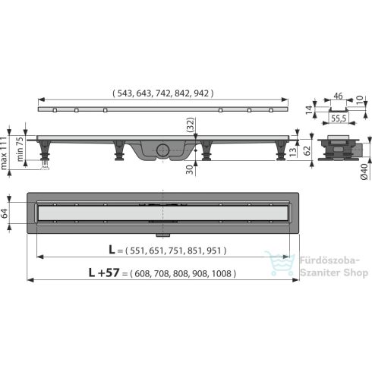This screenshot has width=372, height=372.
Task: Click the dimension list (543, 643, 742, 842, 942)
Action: [163, 93]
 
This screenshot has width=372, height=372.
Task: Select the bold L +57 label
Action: [102, 272]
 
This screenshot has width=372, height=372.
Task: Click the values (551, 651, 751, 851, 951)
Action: [178, 248]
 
